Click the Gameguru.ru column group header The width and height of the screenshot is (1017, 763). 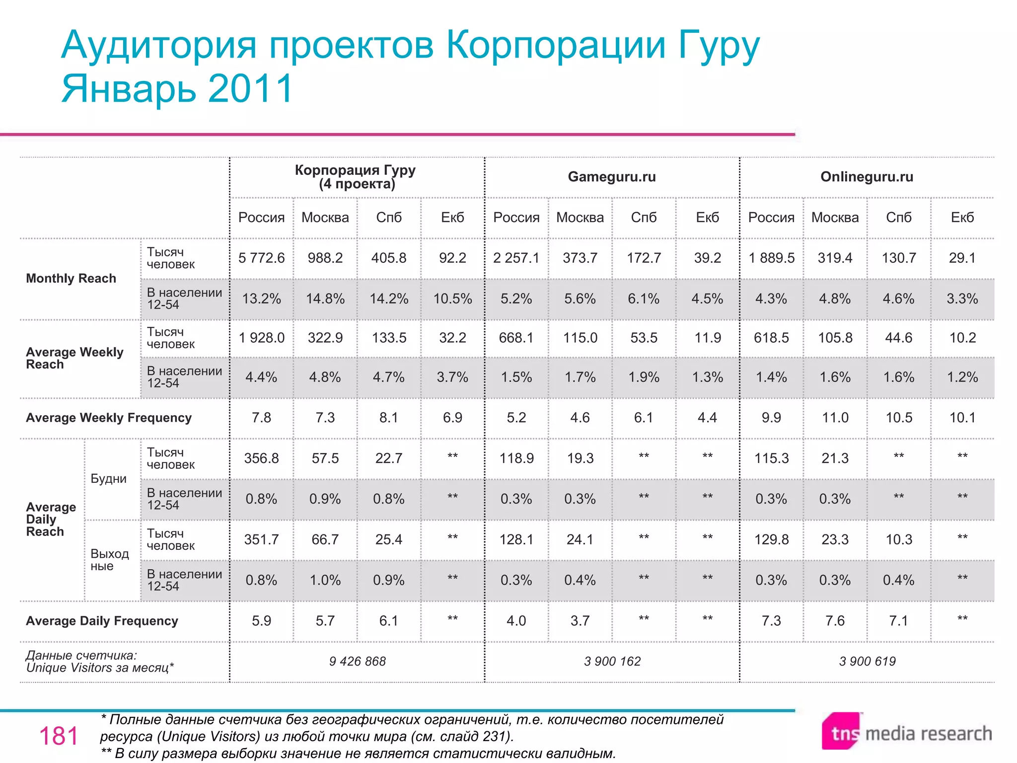click(611, 177)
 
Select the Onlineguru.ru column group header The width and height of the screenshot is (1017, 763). click(867, 177)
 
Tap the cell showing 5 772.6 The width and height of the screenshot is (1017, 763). click(261, 258)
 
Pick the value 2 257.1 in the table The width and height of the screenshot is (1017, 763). click(516, 258)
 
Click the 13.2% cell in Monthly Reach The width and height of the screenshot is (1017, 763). click(261, 299)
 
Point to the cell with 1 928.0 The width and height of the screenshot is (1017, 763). click(261, 338)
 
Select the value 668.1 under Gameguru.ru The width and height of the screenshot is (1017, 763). click(516, 338)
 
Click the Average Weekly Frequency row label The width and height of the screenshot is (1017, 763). click(108, 418)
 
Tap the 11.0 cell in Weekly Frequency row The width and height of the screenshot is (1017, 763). click(835, 418)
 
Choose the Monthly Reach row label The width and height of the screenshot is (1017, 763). click(71, 278)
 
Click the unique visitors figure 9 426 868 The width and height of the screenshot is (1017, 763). click(357, 661)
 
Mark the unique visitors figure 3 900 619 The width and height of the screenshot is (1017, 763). click(867, 661)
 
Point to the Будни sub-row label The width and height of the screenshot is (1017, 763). click(108, 479)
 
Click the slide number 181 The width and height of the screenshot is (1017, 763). click(59, 736)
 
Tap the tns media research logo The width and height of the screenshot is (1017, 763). click(906, 732)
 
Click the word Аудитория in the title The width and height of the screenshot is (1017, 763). click(159, 45)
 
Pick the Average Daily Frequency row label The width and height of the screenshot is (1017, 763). click(102, 621)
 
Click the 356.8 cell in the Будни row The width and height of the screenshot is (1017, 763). click(261, 458)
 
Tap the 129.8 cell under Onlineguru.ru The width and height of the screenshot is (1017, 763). click(771, 539)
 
